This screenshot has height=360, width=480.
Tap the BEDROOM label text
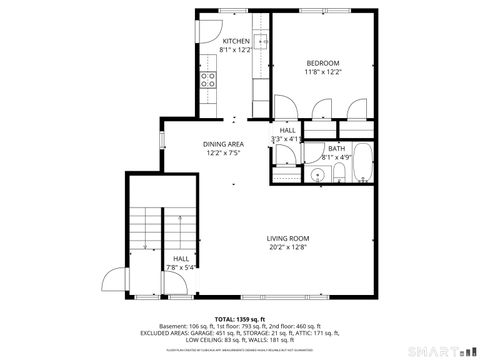coord(323,63)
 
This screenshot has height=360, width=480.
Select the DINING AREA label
coord(223,144)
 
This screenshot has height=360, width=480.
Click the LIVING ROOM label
coord(286,238)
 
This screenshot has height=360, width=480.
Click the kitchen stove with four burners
coord(209,80)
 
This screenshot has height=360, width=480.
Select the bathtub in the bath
coord(362,164)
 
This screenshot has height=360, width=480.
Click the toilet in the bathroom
coord(339,176)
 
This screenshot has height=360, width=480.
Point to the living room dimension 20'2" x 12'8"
coord(286,247)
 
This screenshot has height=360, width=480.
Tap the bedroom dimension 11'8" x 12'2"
coord(323,72)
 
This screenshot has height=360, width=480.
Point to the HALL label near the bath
coord(287,130)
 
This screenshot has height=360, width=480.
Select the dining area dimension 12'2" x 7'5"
coord(223,153)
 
